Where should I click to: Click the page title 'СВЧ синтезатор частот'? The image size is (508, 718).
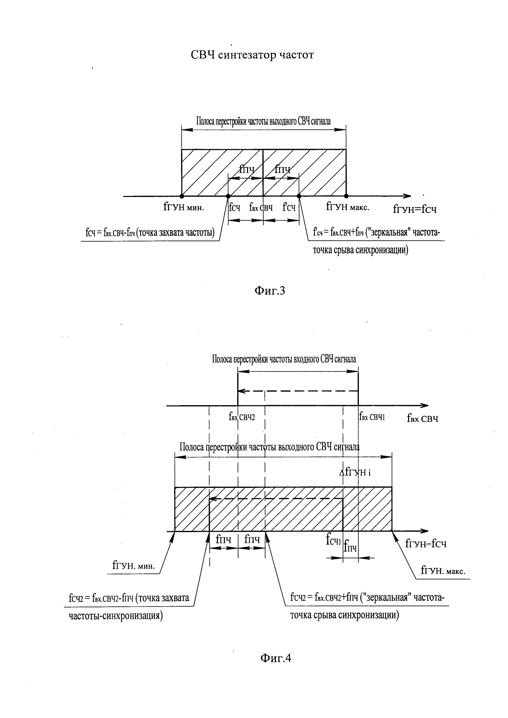[252, 55]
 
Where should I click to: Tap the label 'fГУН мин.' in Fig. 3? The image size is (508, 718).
[184, 207]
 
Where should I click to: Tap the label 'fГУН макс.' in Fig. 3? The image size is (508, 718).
[348, 207]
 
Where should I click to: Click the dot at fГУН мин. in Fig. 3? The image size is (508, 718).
[182, 196]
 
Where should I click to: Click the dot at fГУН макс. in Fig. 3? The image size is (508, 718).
[346, 196]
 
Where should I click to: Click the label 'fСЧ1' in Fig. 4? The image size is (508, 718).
[333, 540]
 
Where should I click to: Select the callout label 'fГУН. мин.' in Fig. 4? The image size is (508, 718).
[134, 565]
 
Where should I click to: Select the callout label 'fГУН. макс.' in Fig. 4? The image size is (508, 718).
[443, 571]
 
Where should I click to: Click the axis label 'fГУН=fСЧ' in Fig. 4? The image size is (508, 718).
[426, 544]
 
